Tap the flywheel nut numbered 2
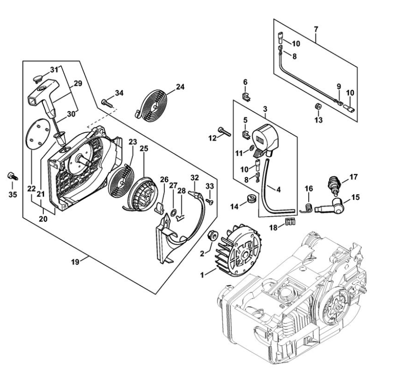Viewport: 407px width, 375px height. [x=212, y=236]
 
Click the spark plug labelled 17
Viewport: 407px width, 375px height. [x=334, y=184]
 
